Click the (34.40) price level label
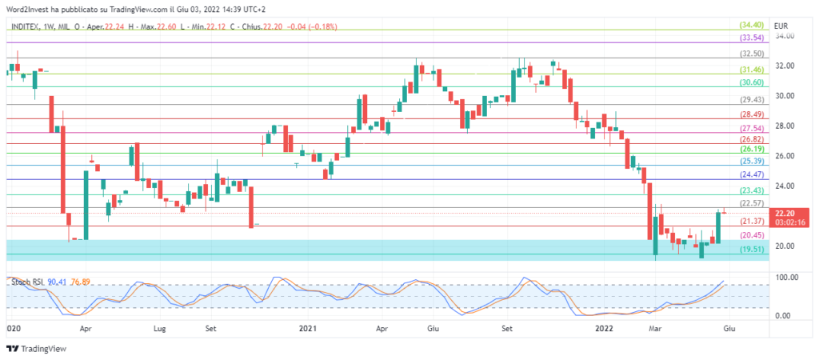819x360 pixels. [752, 26]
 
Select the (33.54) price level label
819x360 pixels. [752, 38]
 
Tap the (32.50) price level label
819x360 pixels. [752, 54]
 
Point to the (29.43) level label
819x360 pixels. [752, 100]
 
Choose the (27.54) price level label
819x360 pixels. [752, 128]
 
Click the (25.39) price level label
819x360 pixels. [752, 161]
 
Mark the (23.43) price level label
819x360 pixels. [752, 190]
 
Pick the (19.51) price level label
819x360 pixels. [752, 250]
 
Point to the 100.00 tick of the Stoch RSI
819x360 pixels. [786, 277]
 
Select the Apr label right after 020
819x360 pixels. [85, 328]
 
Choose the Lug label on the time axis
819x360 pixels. [160, 328]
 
